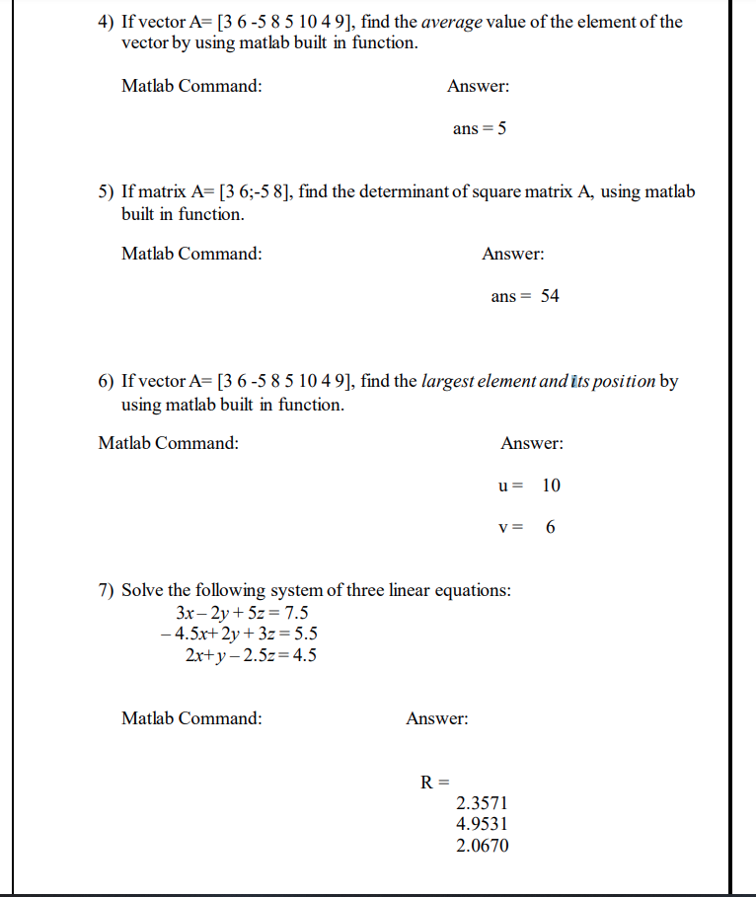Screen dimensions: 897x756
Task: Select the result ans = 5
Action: pos(480,128)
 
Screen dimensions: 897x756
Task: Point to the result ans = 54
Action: pos(525,296)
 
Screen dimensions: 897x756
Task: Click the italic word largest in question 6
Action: pos(450,382)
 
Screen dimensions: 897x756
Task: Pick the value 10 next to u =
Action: pos(552,486)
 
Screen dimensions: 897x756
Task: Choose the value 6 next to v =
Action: pos(550,528)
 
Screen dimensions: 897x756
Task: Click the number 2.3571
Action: pos(483,804)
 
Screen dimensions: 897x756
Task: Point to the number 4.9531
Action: pos(483,825)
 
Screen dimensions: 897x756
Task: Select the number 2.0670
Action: pos(483,846)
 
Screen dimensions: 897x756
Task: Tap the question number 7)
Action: pos(107,591)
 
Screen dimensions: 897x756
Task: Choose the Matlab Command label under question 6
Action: pos(168,444)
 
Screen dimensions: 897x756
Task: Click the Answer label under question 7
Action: pos(437,718)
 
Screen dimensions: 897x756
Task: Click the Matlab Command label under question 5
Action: pos(191,254)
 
